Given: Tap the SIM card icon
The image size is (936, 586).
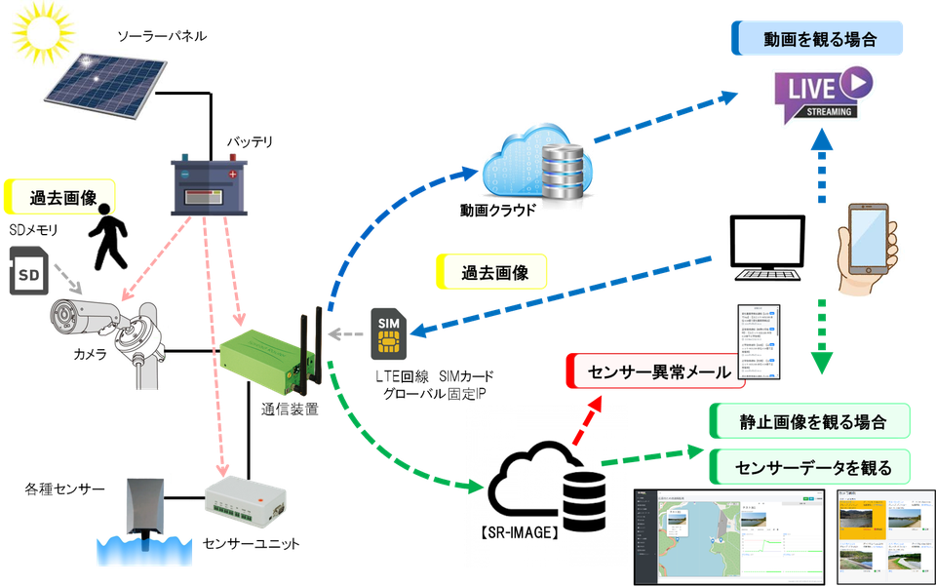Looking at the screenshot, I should (388, 334).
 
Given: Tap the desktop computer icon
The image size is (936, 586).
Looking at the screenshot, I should (771, 248).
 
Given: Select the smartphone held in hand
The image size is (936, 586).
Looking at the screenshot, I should (871, 243).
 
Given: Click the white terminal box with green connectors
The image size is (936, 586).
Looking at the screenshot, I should (243, 498).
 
